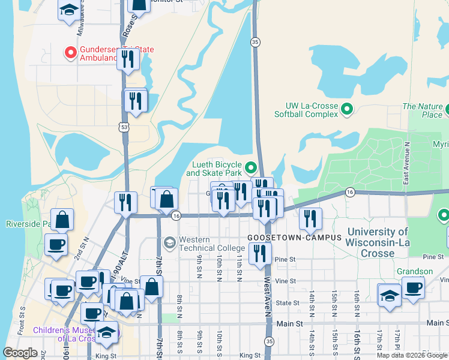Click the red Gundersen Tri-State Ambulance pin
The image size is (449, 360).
70,53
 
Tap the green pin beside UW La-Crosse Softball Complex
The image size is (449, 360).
346,109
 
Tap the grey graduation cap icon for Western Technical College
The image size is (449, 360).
169,242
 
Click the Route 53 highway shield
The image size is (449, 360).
124,127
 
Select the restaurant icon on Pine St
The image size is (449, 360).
260,253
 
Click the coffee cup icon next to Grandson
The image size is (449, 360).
413,287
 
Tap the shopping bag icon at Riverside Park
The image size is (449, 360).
62,220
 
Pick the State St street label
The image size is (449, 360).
287,304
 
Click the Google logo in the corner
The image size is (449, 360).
20,353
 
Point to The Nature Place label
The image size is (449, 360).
423,110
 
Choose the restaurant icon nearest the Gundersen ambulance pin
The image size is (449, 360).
127,59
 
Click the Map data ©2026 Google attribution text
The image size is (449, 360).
412,355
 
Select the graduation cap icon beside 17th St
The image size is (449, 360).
390,295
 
